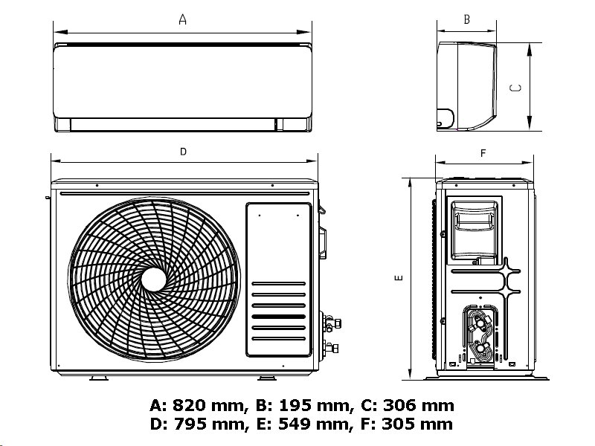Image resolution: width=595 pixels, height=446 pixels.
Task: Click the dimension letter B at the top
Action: tap(466, 20)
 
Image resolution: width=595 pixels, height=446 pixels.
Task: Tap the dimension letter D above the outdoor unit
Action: tap(183, 152)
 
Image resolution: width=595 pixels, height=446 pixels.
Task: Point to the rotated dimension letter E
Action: tap(399, 278)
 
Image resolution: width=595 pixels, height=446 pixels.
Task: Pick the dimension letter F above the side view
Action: tap(483, 154)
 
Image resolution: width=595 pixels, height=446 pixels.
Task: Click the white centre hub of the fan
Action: tap(154, 279)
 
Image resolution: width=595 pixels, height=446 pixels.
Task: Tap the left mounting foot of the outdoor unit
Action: tap(98, 378)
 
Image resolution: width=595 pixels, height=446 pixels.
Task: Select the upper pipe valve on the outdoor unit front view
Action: tap(329, 322)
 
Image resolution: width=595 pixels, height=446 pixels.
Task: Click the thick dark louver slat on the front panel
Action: tap(279, 316)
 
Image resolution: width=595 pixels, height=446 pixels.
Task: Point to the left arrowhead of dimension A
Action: tap(57, 32)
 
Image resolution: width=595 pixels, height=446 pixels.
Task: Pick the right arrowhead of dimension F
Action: tap(530, 164)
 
